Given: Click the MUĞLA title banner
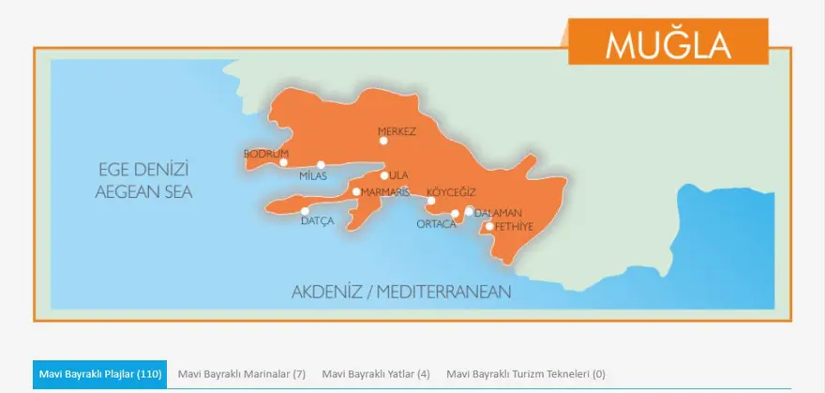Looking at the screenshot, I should tap(667, 42).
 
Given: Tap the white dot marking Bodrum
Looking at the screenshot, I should tap(283, 162).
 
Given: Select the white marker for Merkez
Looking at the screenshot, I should tap(383, 141).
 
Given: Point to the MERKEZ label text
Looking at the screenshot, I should tap(396, 131).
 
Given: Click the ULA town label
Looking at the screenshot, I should tap(399, 175).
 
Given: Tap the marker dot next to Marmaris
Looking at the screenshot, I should tap(356, 191).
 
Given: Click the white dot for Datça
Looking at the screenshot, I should tap(305, 211).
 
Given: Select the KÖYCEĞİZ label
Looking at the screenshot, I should tap(453, 191).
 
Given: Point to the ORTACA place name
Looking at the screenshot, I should tap(436, 223).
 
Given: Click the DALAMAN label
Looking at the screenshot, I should tap(498, 213).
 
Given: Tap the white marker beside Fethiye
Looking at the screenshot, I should tap(489, 226).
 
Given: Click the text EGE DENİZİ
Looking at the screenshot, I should tap(143, 171).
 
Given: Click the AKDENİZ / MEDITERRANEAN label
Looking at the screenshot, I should tap(401, 292).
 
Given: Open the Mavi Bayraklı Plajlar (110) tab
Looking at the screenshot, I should tap(99, 373).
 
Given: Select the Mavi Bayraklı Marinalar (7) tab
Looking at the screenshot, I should tap(242, 373).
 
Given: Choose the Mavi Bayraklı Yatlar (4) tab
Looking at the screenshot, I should tap(375, 373).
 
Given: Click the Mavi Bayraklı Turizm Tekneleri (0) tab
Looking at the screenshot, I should tap(525, 373).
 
